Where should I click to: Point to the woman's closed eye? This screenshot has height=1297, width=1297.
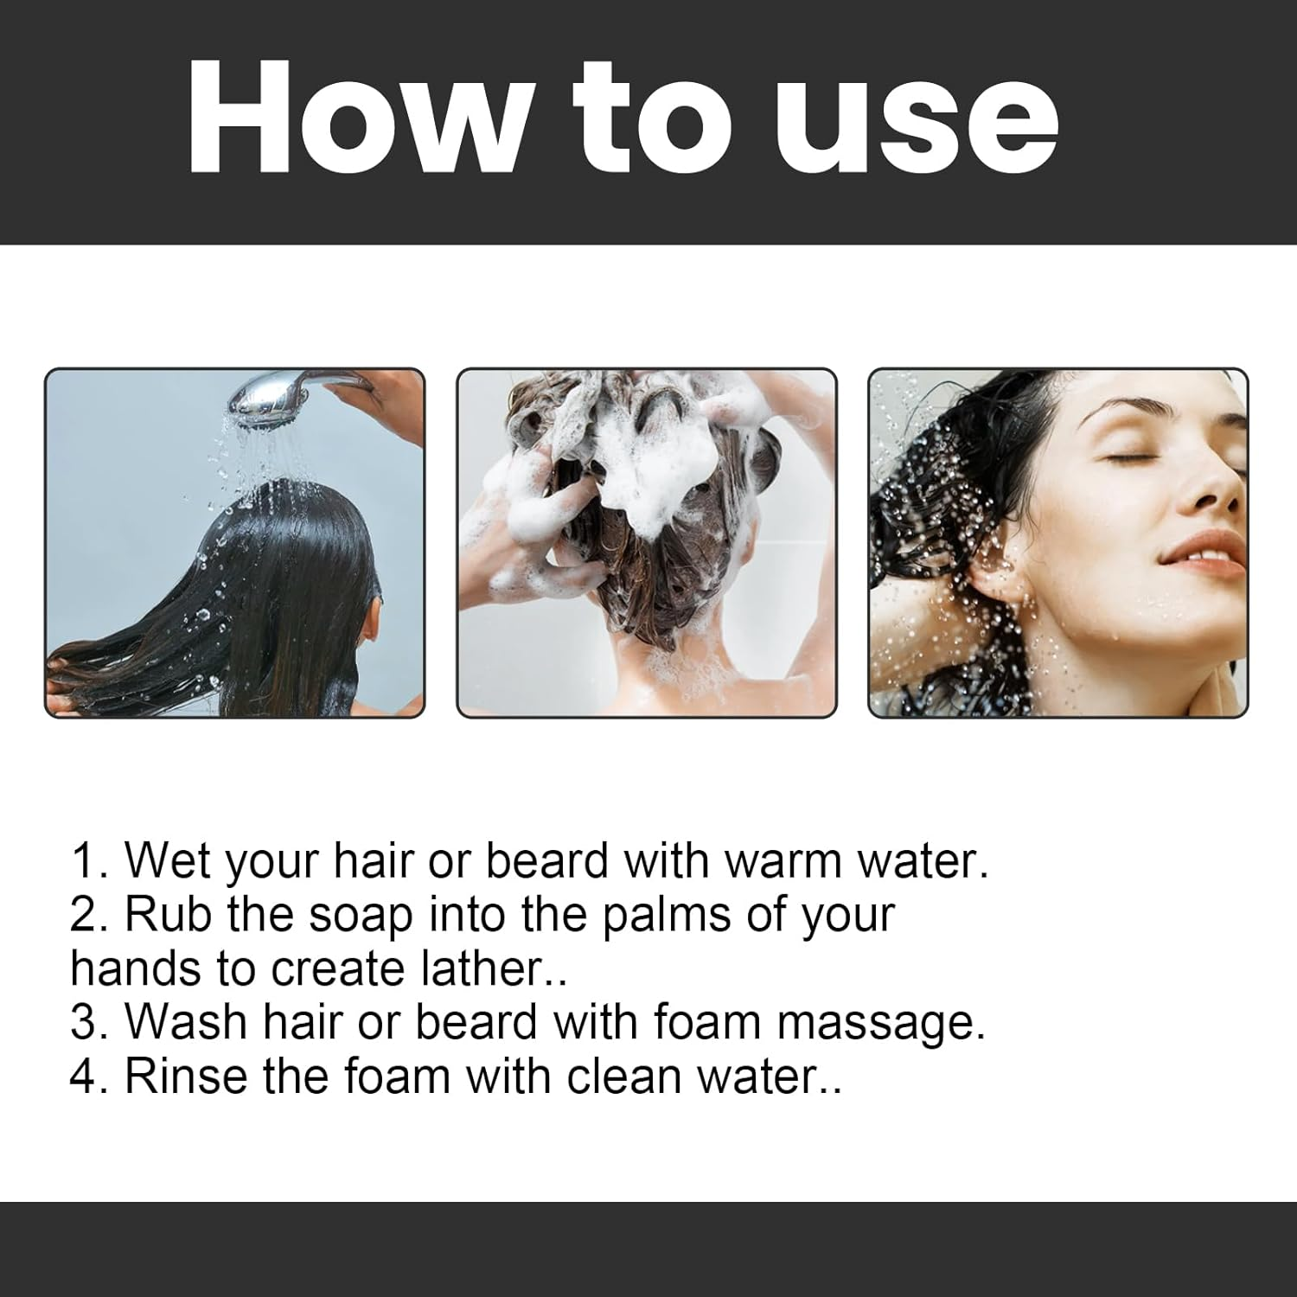point(1124,459)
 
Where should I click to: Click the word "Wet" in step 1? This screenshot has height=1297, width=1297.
point(168,861)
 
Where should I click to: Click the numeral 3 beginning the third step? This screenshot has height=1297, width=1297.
point(83,1022)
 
